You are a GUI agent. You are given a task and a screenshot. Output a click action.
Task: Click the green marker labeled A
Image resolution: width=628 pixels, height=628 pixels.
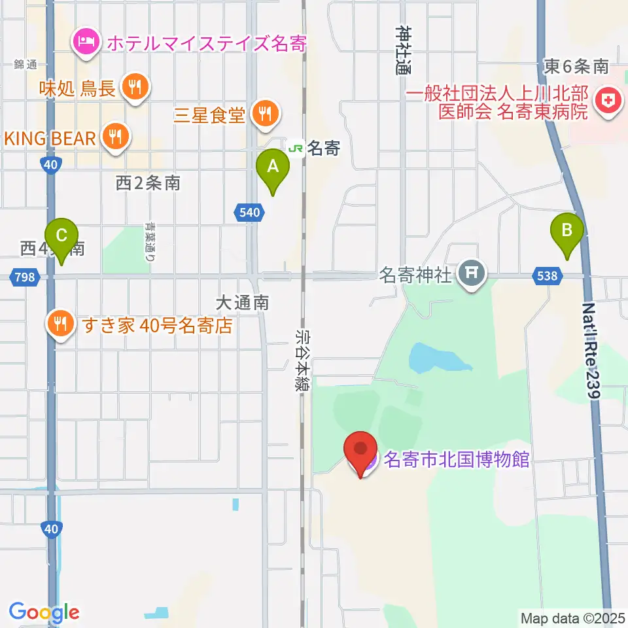pos(273,167)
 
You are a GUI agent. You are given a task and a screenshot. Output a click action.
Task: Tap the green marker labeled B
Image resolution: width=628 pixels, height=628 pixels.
pos(567,231)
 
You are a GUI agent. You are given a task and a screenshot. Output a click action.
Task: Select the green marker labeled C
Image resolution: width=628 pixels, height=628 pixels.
pos(61,235)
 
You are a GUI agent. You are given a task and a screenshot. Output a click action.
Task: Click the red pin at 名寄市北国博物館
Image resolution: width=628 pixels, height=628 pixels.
pos(361,451)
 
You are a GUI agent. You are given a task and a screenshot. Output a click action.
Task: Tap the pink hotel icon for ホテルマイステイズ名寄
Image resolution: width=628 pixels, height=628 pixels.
pos(86,44)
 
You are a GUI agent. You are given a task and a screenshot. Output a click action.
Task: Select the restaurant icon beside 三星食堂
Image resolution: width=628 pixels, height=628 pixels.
pos(266,115)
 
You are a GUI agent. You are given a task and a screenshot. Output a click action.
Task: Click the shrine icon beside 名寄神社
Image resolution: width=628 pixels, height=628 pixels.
pos(472,274)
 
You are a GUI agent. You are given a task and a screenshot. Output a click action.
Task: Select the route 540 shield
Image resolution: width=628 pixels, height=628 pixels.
pos(249,211)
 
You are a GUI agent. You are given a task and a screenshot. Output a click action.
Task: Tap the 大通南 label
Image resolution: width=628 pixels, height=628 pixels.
pos(242,303)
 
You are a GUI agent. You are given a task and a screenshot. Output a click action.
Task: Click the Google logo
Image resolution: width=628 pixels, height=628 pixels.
pos(44,612)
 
